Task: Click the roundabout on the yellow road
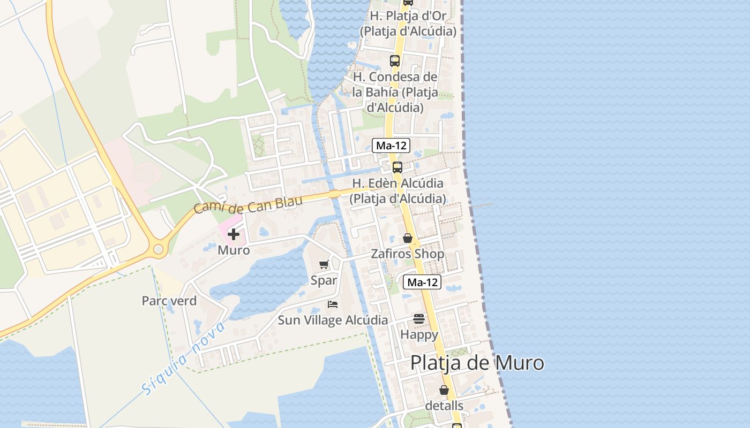(x=158, y=249)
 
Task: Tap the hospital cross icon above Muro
(x=234, y=234)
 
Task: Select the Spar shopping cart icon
(x=324, y=264)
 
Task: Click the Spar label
(x=324, y=280)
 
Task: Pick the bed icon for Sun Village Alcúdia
(x=333, y=304)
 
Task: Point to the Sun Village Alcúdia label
(x=333, y=320)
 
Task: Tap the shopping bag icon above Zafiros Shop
(x=408, y=238)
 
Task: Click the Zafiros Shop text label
(x=408, y=254)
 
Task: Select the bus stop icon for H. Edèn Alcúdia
(x=397, y=167)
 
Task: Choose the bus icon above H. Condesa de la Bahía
(x=395, y=61)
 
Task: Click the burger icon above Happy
(x=419, y=319)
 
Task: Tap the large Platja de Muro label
(x=477, y=363)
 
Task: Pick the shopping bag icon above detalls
(x=444, y=390)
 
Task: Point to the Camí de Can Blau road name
(x=248, y=203)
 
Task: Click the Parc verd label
(x=169, y=301)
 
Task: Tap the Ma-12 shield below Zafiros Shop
(x=422, y=282)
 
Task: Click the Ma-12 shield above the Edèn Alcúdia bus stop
(x=391, y=145)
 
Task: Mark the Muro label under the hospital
(x=234, y=250)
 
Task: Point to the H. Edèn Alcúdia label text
(x=397, y=190)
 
